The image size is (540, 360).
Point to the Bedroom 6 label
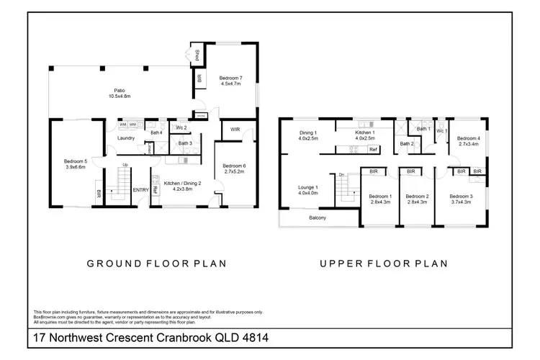click(234, 168)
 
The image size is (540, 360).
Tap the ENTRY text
click(141, 190)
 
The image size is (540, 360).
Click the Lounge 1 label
click(308, 189)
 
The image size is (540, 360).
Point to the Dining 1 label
click(309, 135)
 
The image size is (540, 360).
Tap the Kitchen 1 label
click(366, 135)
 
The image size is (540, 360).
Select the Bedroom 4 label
click(468, 141)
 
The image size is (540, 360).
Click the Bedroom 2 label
click(417, 199)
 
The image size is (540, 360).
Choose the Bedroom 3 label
click(460, 199)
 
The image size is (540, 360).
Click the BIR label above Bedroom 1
click(374, 172)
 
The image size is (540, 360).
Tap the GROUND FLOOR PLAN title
click(157, 264)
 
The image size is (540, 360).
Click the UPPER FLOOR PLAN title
click(384, 264)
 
